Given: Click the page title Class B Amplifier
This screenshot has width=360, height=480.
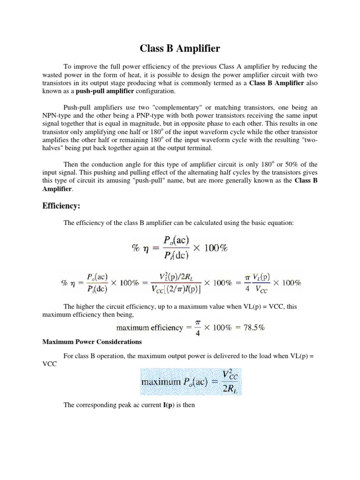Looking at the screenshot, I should click(x=180, y=48).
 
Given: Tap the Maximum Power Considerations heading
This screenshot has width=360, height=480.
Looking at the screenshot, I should click(x=92, y=342).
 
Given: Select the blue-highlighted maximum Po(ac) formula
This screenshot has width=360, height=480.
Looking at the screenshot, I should click(x=190, y=381).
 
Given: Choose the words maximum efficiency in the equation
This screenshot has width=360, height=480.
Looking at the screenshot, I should click(x=150, y=328).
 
